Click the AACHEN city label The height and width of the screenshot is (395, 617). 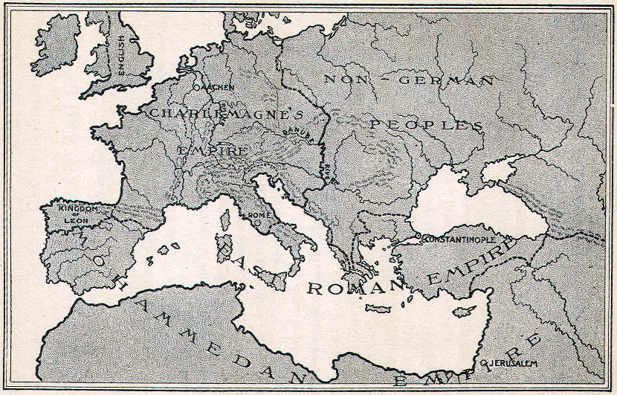tap(216, 88)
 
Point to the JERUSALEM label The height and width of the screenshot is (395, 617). tap(513, 363)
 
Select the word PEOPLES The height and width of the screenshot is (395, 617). tap(421, 124)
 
